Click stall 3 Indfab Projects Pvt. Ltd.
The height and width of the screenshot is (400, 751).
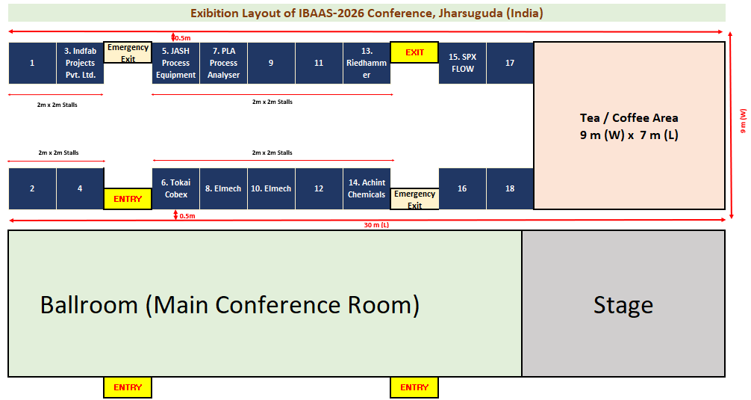pos(81,63)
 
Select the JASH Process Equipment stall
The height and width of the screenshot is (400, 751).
pos(175,63)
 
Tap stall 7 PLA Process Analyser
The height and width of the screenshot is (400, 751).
pos(224,63)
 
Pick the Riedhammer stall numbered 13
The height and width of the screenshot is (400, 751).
pos(367,63)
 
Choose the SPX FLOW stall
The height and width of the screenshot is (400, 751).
pos(462,63)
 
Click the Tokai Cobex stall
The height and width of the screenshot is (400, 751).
pos(175,188)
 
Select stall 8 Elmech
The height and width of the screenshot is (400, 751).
pos(224,188)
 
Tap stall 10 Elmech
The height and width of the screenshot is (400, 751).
pos(271,188)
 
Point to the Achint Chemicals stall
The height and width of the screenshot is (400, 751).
pos(367,188)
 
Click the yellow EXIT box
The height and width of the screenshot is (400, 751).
pos(414,52)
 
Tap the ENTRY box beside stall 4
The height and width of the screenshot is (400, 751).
pos(128,199)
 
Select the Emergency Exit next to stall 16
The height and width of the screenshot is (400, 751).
pos(414,199)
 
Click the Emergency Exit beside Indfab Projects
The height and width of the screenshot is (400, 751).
pos(128,52)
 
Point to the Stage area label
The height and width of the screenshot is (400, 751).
pos(623,305)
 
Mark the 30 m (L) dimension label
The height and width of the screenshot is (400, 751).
pos(376,225)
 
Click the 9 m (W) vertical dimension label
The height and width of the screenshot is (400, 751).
pos(743,121)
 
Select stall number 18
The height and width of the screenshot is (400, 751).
pos(510,188)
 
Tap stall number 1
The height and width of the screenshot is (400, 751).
pos(32,63)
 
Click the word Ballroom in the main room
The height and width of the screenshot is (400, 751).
pos(89,305)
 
